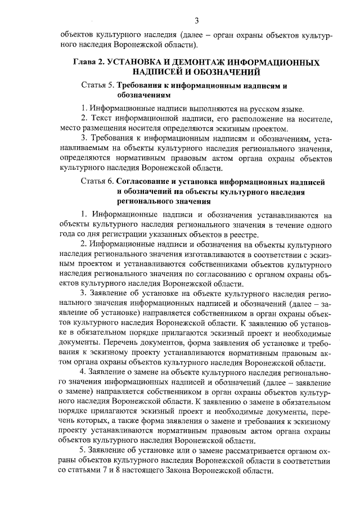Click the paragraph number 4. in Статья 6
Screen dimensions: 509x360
84,372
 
